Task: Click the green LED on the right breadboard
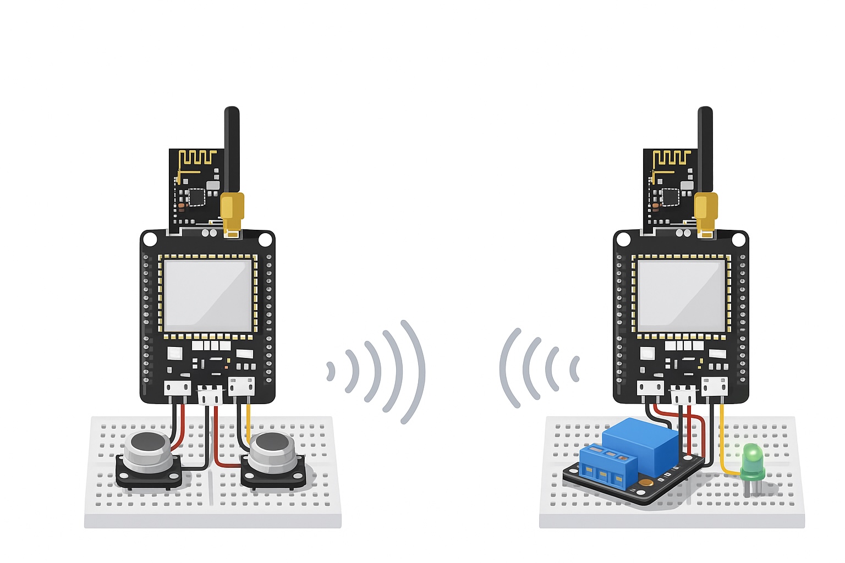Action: [752, 457]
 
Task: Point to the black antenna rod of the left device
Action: [232, 148]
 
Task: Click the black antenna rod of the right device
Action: [705, 148]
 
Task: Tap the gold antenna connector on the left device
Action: [232, 212]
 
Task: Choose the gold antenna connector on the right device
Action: [706, 212]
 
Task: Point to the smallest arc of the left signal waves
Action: [331, 371]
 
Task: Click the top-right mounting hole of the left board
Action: [265, 240]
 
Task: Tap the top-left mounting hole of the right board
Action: [623, 240]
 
